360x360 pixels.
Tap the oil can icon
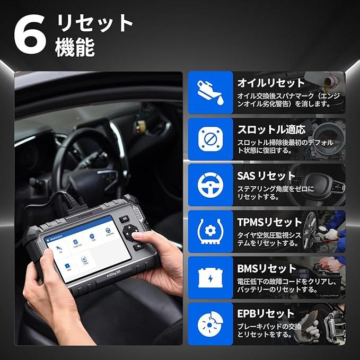(x=210, y=93)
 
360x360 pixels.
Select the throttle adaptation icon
(x=210, y=139)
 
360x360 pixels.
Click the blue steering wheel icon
(x=210, y=185)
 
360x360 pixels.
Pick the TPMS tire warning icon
(x=210, y=231)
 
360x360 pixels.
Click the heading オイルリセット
(x=271, y=83)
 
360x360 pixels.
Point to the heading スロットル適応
(x=271, y=129)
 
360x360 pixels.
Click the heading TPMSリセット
(x=269, y=222)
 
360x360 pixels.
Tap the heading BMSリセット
(x=267, y=268)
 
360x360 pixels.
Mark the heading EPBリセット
(x=266, y=314)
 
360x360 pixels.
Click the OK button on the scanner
(x=125, y=218)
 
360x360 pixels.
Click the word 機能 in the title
(x=75, y=47)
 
